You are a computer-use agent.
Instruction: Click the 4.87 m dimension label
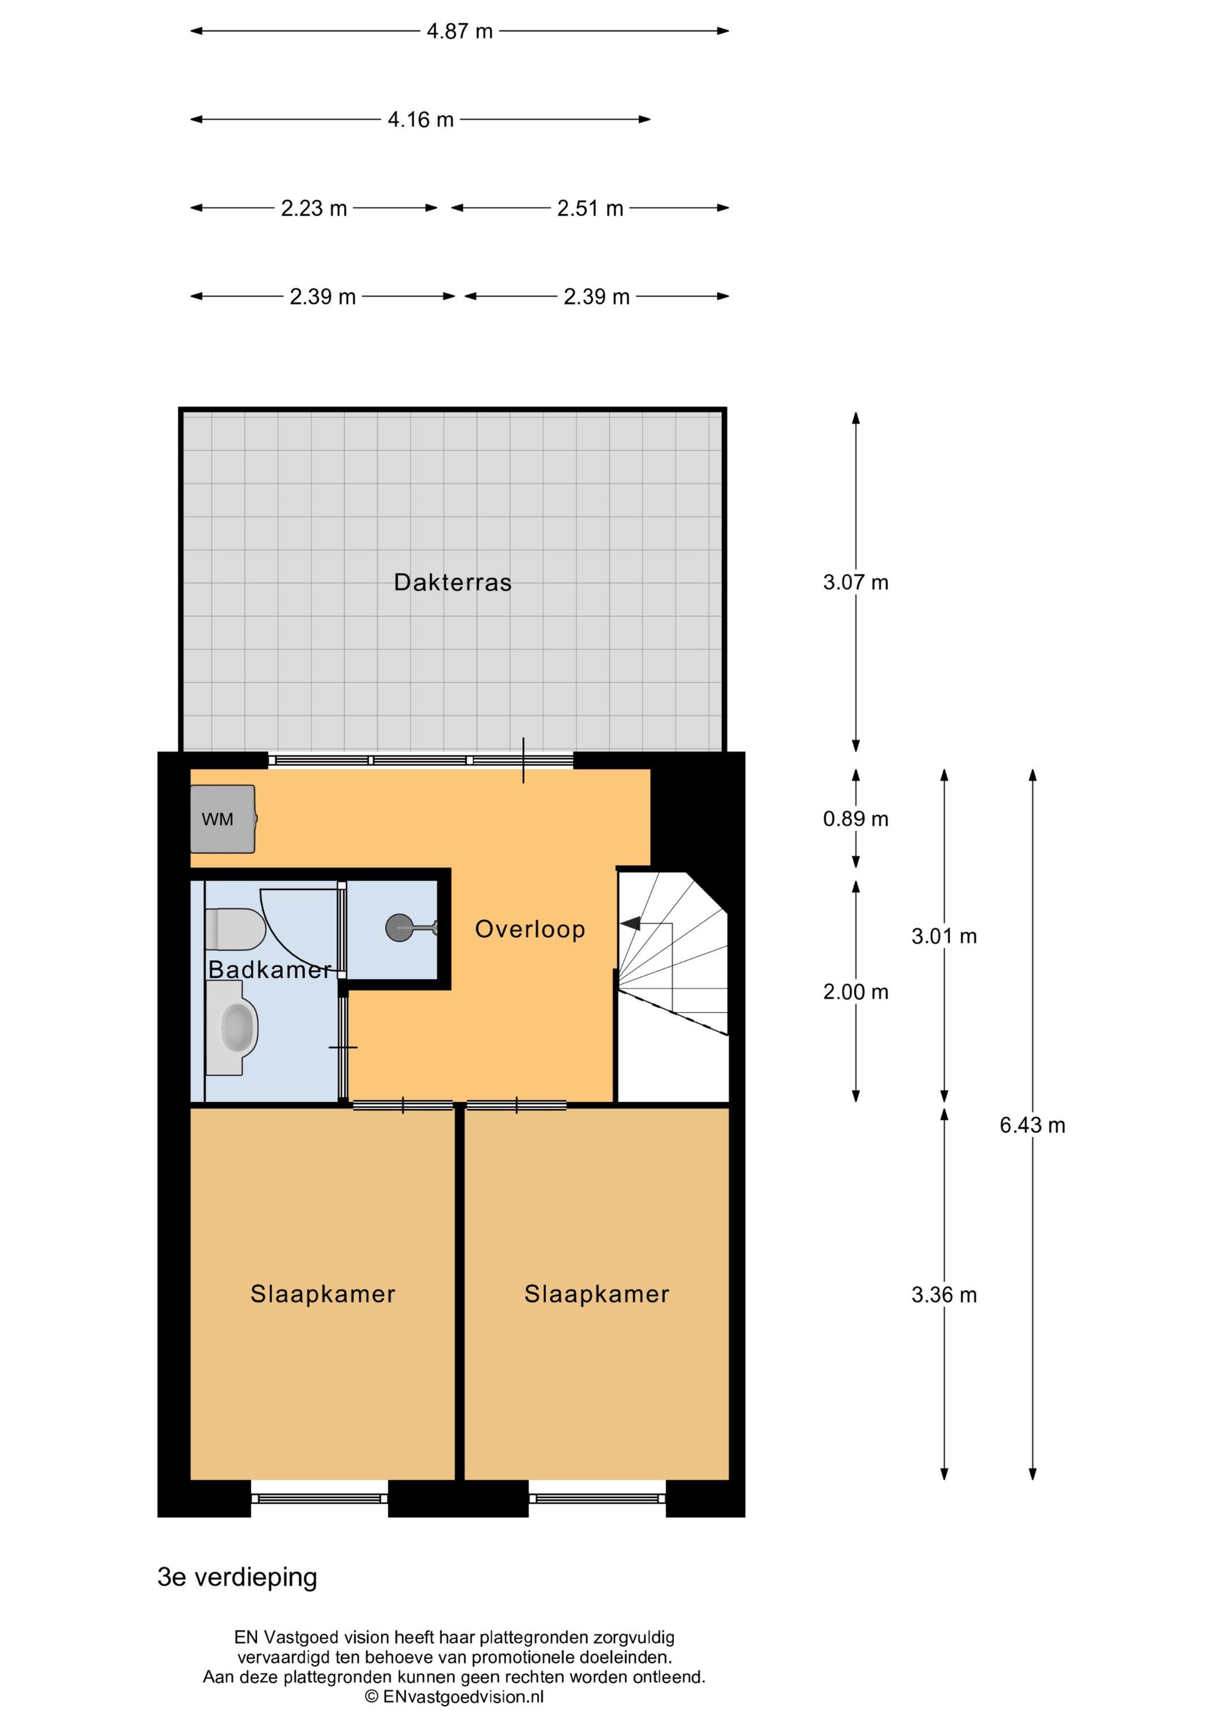pyautogui.click(x=459, y=32)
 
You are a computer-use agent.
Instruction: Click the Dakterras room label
pyautogui.click(x=453, y=582)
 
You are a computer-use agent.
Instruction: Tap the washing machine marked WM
pyautogui.click(x=223, y=818)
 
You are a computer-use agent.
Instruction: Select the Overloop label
pyautogui.click(x=530, y=929)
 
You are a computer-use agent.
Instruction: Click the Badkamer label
pyautogui.click(x=269, y=969)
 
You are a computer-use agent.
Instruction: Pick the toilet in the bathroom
pyautogui.click(x=235, y=929)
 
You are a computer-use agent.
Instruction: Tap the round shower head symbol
pyautogui.click(x=399, y=928)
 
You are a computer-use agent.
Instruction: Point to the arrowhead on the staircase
pyautogui.click(x=630, y=923)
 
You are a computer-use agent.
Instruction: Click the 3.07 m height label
pyautogui.click(x=855, y=582)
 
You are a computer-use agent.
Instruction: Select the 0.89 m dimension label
pyautogui.click(x=855, y=818)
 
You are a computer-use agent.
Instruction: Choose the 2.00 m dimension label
pyautogui.click(x=855, y=992)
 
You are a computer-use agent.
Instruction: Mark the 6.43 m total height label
pyautogui.click(x=1032, y=1125)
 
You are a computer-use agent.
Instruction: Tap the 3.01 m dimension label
pyautogui.click(x=944, y=936)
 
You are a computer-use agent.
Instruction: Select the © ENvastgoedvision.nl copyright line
pyautogui.click(x=454, y=1697)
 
